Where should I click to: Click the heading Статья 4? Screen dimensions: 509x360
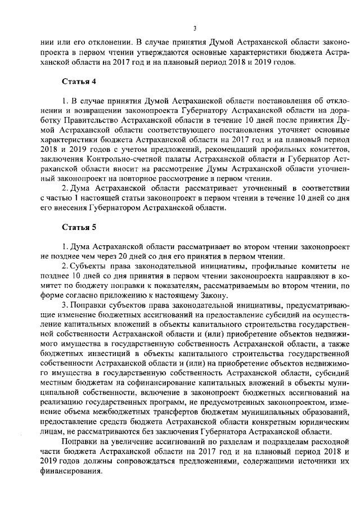[79, 81]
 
